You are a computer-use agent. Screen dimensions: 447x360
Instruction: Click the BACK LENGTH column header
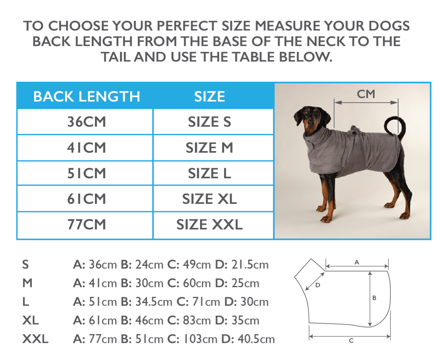pos(87,96)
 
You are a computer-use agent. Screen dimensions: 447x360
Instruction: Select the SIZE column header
pos(210,96)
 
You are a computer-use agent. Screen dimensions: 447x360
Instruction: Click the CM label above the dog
pos(366,94)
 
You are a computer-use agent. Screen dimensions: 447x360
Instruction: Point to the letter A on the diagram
pos(357,262)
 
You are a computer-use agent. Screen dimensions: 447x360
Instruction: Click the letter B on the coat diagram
pos(374,298)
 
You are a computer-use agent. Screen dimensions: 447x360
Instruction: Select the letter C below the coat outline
pos(351,340)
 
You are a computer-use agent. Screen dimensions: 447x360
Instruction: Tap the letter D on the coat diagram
pos(318,285)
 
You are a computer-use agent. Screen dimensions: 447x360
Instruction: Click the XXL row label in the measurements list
pos(35,339)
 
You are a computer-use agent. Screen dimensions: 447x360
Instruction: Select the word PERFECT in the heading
pos(187,26)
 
